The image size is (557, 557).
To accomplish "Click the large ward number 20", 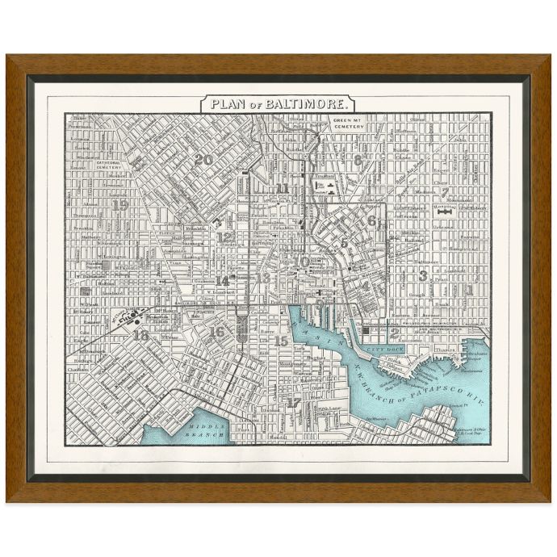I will tap(203, 160).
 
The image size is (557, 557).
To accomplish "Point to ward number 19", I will tap(120, 205).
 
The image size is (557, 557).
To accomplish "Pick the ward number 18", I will tap(140, 335).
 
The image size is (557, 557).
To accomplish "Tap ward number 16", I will tap(216, 331).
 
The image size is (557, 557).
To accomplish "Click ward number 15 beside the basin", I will tap(280, 341).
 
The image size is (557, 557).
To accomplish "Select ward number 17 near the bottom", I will tap(294, 402).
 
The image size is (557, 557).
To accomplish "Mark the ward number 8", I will tap(358, 160).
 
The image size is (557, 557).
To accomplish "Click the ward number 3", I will tap(422, 275).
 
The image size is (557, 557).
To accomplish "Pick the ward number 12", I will tap(224, 237).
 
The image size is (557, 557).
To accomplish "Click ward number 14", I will tap(222, 281).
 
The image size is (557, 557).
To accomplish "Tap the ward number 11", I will tap(282, 189).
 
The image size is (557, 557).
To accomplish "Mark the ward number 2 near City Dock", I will tap(395, 331).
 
